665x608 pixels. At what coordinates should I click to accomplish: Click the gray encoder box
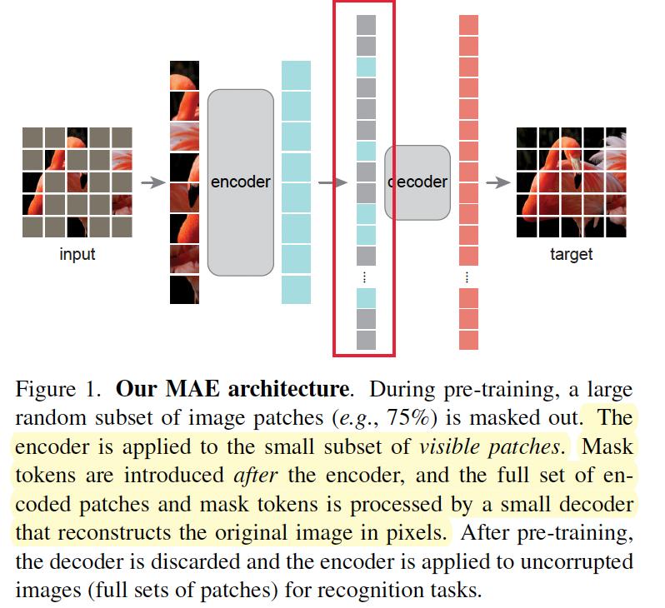pyautogui.click(x=240, y=182)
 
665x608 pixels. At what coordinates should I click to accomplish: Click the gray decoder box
pyautogui.click(x=417, y=182)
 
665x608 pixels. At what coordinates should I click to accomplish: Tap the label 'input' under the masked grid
pyautogui.click(x=77, y=254)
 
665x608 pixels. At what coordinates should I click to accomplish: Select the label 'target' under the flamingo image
pyautogui.click(x=571, y=254)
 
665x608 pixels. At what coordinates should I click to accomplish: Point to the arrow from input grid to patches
pyautogui.click(x=152, y=182)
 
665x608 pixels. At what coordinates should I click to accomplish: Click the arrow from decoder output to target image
pyautogui.click(x=497, y=182)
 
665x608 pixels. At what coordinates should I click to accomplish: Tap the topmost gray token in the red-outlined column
pyautogui.click(x=367, y=25)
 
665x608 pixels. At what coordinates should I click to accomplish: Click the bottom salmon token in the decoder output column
pyautogui.click(x=469, y=340)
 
